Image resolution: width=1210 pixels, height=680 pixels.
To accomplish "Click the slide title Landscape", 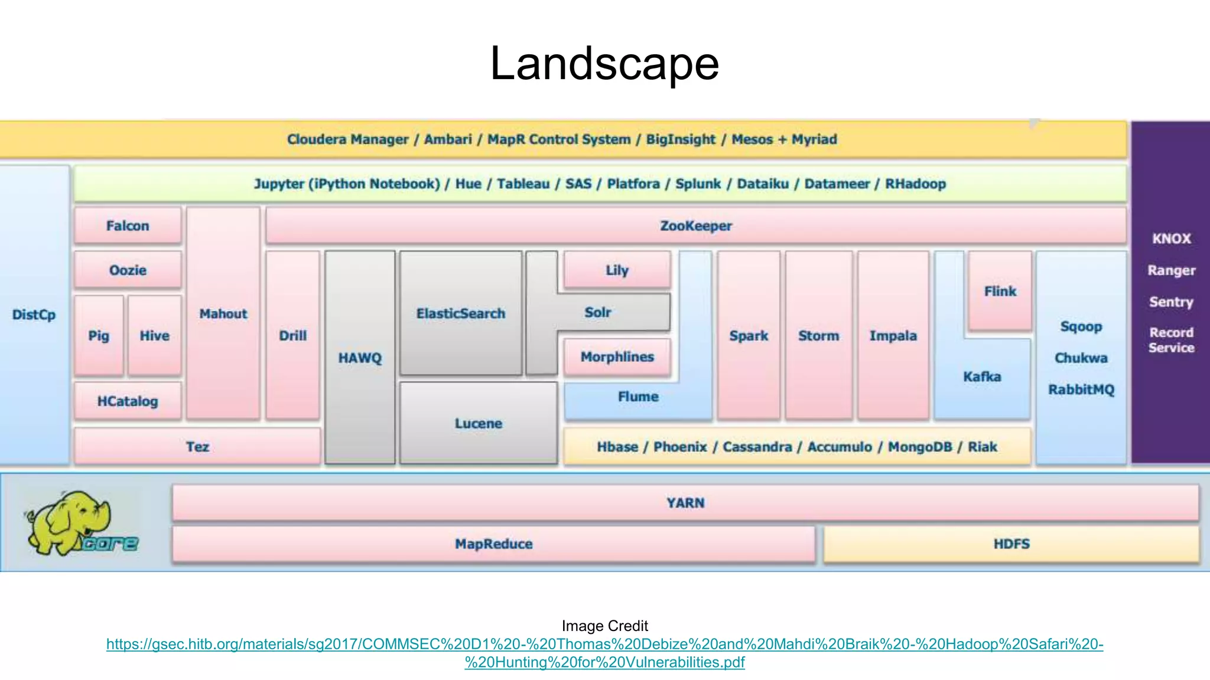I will [x=604, y=64].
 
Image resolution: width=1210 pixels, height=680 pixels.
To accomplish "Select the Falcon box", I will [x=128, y=225].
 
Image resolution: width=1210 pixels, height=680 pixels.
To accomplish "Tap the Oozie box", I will [x=128, y=270].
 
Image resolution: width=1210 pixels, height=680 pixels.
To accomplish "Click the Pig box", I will [x=99, y=335].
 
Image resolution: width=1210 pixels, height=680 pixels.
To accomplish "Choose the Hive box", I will [x=154, y=335].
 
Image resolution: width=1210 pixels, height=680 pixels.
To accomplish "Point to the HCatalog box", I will [x=128, y=401].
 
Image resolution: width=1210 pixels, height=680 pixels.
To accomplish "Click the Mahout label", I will [x=223, y=314].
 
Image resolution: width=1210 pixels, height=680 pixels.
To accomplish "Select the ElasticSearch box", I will [x=461, y=313].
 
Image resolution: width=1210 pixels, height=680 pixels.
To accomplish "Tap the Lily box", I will [x=617, y=270].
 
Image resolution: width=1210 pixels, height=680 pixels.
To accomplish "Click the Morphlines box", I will [x=617, y=357].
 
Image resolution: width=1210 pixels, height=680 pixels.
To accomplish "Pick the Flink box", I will [x=1000, y=291].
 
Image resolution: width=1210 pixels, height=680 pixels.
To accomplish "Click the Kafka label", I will [x=982, y=377].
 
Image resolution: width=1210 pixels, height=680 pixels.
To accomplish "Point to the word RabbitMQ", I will [x=1081, y=390].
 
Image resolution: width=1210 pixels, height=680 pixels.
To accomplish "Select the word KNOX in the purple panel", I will [x=1171, y=238].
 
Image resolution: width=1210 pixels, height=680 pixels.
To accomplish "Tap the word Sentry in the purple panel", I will [x=1171, y=302].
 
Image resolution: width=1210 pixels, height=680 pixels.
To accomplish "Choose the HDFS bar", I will [x=1011, y=544].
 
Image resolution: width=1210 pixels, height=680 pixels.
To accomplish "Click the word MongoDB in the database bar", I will [x=920, y=447].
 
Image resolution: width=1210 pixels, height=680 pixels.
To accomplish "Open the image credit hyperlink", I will [x=604, y=645].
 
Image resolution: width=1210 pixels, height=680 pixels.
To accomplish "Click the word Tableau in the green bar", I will [x=523, y=184].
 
